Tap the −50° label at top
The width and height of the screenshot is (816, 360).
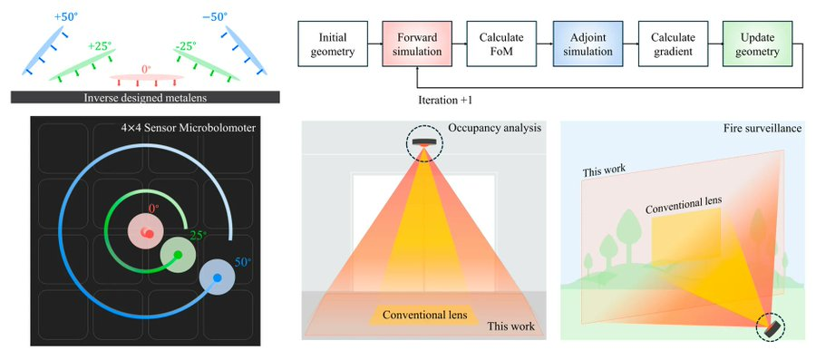(x=215, y=15)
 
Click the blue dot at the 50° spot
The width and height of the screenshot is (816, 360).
(x=217, y=277)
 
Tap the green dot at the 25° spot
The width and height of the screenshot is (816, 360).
(x=179, y=256)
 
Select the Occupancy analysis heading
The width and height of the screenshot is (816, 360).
(x=496, y=128)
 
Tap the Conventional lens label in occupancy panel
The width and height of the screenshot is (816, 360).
(x=424, y=315)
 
